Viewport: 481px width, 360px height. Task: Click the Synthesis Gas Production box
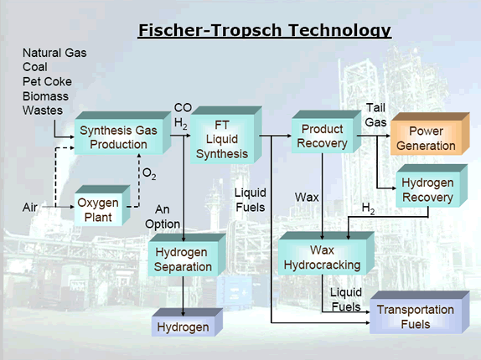pyautogui.click(x=122, y=133)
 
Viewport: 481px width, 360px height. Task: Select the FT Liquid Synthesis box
pyautogui.click(x=226, y=135)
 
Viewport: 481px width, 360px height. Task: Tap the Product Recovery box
pyautogui.click(x=327, y=131)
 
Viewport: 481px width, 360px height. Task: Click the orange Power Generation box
pyautogui.click(x=430, y=134)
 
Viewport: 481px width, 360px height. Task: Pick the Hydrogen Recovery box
pyautogui.click(x=432, y=186)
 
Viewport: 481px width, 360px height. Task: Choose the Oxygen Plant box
pyautogui.click(x=102, y=206)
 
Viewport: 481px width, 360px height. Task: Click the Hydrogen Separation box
pyautogui.click(x=187, y=255)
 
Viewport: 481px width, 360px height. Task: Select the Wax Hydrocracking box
pyautogui.click(x=326, y=254)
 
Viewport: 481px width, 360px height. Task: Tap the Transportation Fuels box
pyautogui.click(x=419, y=312)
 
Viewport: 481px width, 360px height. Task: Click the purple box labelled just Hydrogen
pyautogui.click(x=187, y=322)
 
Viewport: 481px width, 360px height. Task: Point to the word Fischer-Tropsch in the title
pyautogui.click(x=210, y=30)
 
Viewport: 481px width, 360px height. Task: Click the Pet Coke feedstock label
pyautogui.click(x=47, y=81)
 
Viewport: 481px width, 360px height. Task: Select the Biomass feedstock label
pyautogui.click(x=45, y=96)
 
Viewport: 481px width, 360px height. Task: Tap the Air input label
pyautogui.click(x=30, y=208)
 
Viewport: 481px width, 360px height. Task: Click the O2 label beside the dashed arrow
pyautogui.click(x=149, y=174)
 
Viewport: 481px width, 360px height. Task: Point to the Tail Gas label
pyautogui.click(x=375, y=116)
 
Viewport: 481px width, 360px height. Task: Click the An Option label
pyautogui.click(x=163, y=217)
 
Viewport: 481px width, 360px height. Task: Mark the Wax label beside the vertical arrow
pyautogui.click(x=307, y=197)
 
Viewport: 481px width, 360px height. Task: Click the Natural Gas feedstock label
pyautogui.click(x=54, y=53)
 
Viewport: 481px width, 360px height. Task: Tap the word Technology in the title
pyautogui.click(x=340, y=30)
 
